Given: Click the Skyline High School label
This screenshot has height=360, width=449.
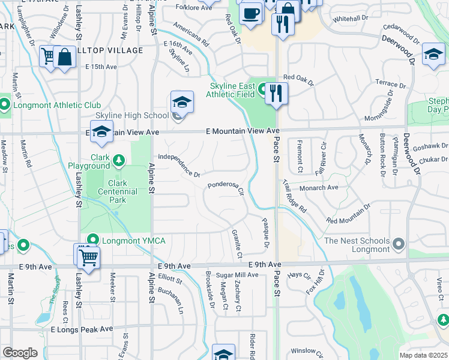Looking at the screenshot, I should pyautogui.click(x=132, y=116).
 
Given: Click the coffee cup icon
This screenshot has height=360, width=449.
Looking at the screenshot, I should pyautogui.click(x=250, y=13).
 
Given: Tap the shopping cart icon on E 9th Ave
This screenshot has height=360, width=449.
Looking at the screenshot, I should pyautogui.click(x=88, y=257).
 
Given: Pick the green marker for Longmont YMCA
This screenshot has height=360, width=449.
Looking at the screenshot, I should pyautogui.click(x=92, y=241).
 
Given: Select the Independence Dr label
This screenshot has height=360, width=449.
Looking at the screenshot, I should pyautogui.click(x=179, y=166).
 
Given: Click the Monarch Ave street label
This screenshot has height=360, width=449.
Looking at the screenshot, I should pyautogui.click(x=319, y=188).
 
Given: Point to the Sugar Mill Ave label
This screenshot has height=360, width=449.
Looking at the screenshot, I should pyautogui.click(x=237, y=275).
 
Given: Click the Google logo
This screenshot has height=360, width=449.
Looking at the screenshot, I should pyautogui.click(x=20, y=352).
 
